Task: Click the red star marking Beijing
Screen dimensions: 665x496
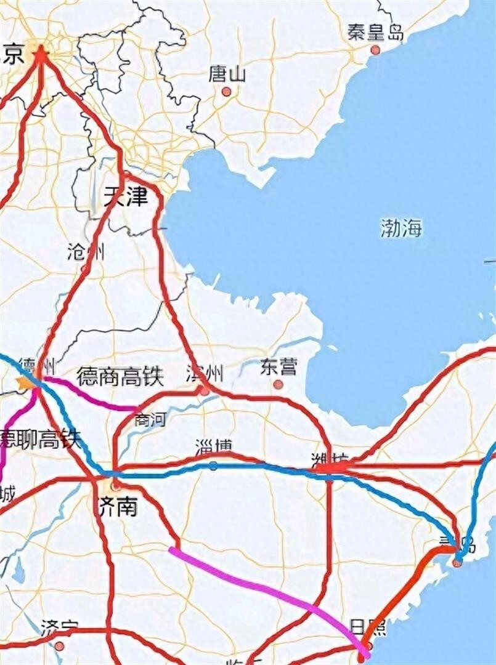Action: [41, 54]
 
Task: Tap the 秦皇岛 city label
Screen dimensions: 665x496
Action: [375, 32]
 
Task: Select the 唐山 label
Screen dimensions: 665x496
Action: [227, 75]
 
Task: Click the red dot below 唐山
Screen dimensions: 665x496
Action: [226, 92]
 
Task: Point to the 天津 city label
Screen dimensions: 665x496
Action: [126, 198]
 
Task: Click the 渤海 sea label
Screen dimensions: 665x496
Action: [401, 228]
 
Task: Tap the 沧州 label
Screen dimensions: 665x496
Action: [86, 252]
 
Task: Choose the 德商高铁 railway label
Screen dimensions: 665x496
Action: [120, 376]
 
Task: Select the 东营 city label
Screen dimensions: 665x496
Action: [278, 367]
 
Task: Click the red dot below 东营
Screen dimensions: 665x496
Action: [278, 384]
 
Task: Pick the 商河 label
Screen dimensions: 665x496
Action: [150, 420]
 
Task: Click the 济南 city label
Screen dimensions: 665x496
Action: [118, 507]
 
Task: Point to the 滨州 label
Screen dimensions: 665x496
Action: [205, 373]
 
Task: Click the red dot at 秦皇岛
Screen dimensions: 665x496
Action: [375, 49]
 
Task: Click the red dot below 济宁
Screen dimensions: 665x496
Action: [59, 646]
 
